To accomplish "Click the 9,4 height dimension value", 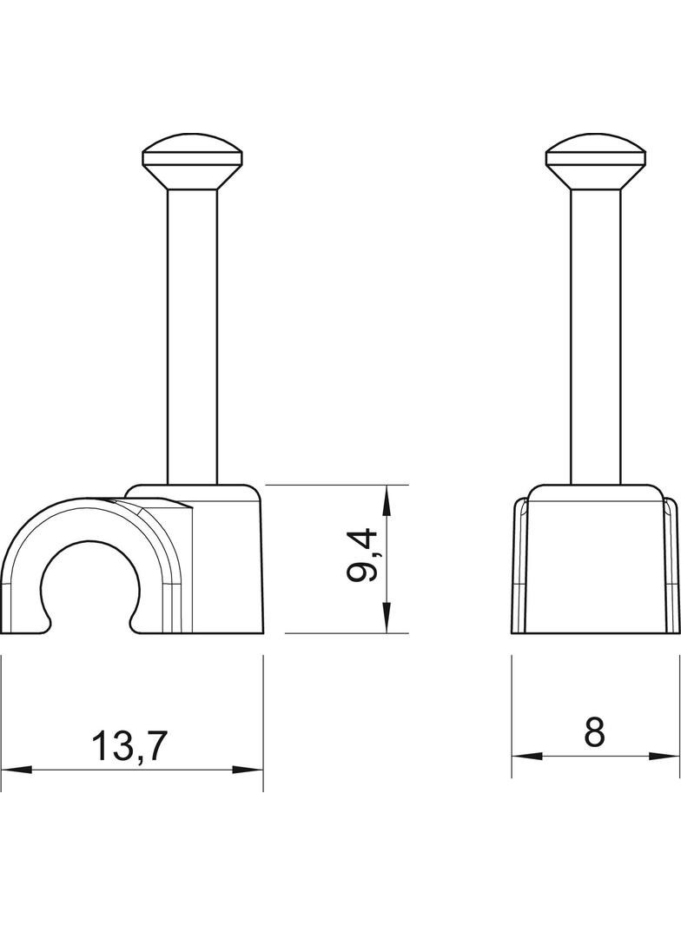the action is pos(362,556).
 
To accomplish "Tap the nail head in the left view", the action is pos(193,162).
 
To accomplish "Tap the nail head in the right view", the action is pos(595,162).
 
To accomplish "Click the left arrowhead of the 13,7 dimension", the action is pos(16,770).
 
